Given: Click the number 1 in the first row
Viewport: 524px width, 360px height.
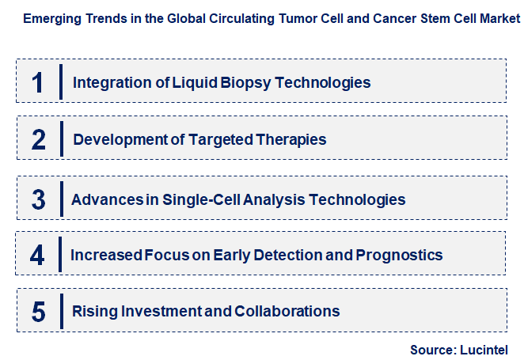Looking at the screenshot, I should pyautogui.click(x=38, y=82).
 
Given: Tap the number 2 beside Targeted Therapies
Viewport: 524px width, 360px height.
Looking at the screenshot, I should pyautogui.click(x=39, y=140).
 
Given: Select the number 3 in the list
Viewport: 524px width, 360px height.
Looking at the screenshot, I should pyautogui.click(x=39, y=199).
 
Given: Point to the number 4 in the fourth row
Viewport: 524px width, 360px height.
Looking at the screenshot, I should pyautogui.click(x=38, y=256).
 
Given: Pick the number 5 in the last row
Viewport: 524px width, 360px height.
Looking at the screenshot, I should pyautogui.click(x=39, y=312).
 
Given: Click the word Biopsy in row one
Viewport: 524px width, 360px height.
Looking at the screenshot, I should pyautogui.click(x=233, y=82).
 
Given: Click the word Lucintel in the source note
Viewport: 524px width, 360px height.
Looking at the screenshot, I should pyautogui.click(x=483, y=349).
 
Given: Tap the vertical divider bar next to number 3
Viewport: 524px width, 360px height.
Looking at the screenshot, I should pyautogui.click(x=60, y=199).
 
